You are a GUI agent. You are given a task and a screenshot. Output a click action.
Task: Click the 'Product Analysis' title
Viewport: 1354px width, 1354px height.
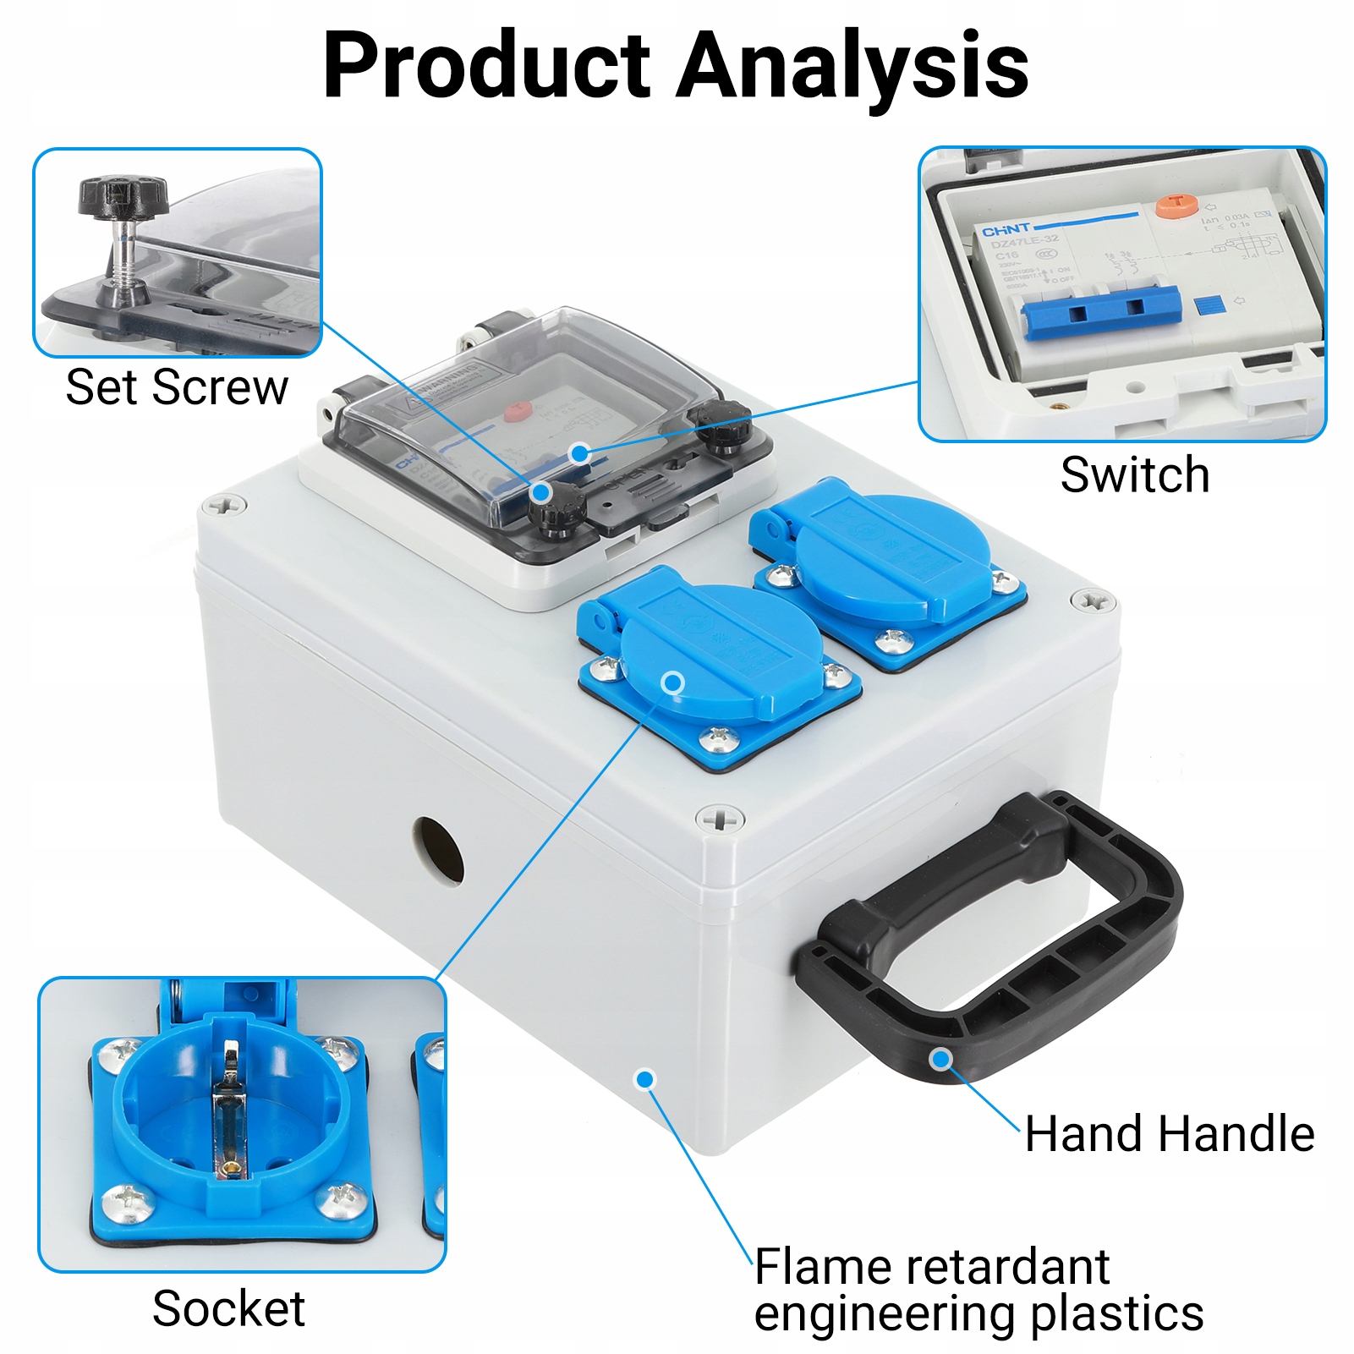click(x=676, y=66)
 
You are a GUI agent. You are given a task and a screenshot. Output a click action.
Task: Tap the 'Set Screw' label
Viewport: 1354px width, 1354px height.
click(x=177, y=387)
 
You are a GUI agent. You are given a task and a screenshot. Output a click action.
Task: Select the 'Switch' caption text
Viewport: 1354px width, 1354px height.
click(x=1134, y=474)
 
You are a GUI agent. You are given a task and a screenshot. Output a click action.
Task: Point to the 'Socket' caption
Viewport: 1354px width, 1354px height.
click(x=228, y=1308)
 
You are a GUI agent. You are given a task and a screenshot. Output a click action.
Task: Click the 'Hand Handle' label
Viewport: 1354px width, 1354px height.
click(x=1170, y=1133)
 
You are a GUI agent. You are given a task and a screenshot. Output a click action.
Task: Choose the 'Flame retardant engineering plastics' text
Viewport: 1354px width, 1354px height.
click(x=978, y=1290)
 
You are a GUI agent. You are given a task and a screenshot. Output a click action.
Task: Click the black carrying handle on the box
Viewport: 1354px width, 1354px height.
click(x=998, y=939)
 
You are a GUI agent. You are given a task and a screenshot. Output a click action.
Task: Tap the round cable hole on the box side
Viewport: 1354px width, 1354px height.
click(x=438, y=850)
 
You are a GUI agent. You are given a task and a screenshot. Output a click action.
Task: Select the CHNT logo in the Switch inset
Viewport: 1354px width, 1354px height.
click(x=1006, y=230)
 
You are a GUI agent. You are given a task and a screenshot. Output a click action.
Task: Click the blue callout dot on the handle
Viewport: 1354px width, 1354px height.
click(x=941, y=1059)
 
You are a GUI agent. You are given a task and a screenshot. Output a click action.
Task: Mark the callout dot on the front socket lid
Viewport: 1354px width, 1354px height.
click(x=673, y=683)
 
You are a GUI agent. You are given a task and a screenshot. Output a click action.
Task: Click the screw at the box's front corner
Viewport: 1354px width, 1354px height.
click(x=720, y=819)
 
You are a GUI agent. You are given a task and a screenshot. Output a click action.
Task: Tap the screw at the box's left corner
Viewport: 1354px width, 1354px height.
click(x=224, y=506)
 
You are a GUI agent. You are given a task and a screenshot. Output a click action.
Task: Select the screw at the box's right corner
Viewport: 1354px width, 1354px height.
click(x=1093, y=601)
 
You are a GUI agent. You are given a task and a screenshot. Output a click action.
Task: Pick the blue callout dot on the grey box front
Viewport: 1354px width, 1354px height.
click(x=645, y=1079)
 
